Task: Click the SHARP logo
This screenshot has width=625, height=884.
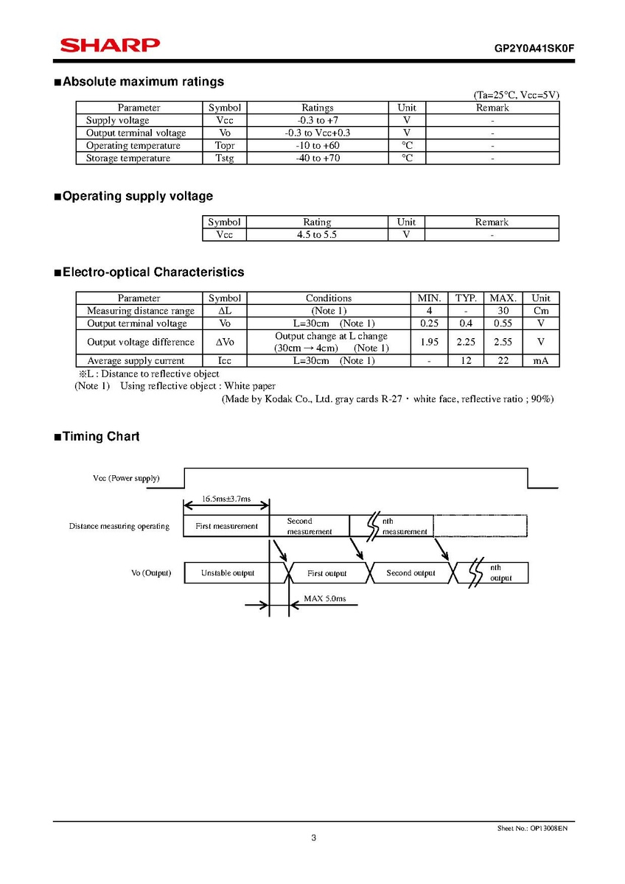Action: [x=110, y=46]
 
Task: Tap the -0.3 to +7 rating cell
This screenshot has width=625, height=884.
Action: [x=318, y=120]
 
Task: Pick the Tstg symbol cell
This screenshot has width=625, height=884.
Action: [x=225, y=158]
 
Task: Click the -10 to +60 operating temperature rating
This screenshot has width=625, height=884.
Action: [x=318, y=146]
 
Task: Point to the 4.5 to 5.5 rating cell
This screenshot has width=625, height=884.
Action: [x=317, y=234]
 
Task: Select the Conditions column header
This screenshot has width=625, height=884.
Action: [x=329, y=298]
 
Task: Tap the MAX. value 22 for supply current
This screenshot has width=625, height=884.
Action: [x=503, y=361]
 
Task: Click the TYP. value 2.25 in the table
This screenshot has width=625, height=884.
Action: [x=466, y=342]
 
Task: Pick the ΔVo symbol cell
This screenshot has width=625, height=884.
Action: [x=225, y=342]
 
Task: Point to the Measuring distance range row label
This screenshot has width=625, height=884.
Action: [x=141, y=311]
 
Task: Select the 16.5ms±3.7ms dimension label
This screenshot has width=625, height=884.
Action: [x=226, y=499]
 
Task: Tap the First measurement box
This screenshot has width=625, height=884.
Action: [x=226, y=526]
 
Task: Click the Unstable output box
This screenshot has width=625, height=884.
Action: [x=228, y=573]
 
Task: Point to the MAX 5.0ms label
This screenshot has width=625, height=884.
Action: [x=325, y=599]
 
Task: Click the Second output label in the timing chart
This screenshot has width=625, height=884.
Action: [x=411, y=573]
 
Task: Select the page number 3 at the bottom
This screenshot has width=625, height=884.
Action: [x=313, y=838]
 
